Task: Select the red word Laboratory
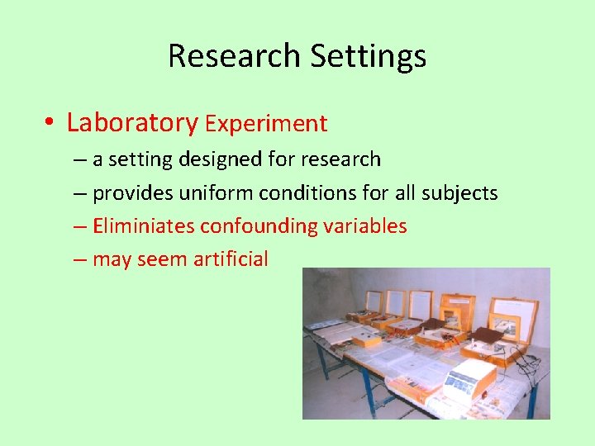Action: point(132,123)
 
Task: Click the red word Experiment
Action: point(266,124)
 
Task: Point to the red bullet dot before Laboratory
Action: point(50,124)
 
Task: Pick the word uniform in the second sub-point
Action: point(215,192)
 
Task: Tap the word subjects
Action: point(459,192)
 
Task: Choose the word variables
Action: point(365,225)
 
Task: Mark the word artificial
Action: point(231,259)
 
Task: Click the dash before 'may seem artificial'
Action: point(79,259)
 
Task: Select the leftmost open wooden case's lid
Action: point(374,301)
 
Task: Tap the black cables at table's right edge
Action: point(533,363)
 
